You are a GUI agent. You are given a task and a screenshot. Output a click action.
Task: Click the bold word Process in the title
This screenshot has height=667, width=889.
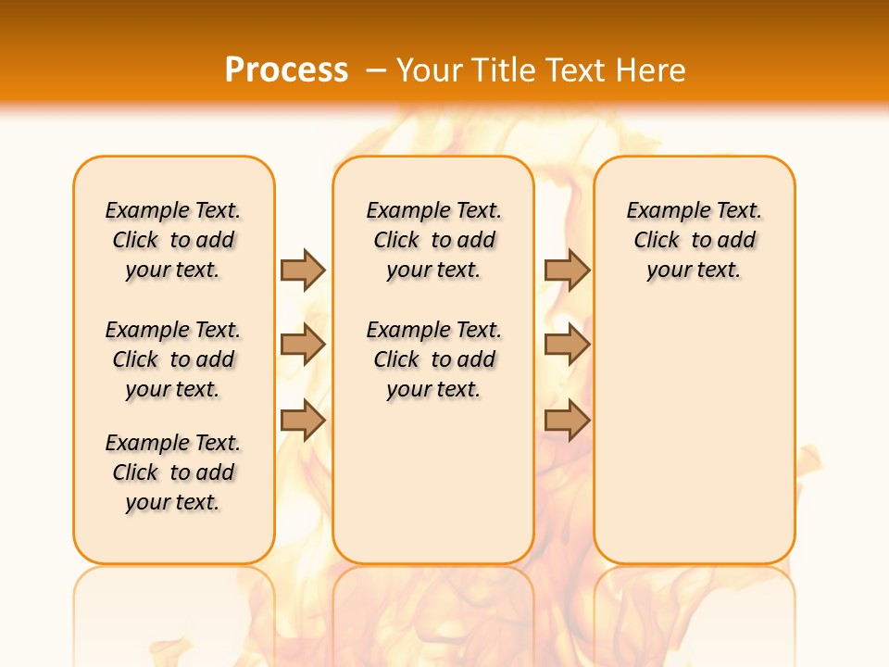tap(286, 70)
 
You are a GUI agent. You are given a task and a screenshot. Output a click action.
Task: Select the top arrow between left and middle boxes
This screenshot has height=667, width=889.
tap(303, 270)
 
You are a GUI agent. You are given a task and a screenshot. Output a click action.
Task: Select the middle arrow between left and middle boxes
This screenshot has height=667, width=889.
tap(303, 345)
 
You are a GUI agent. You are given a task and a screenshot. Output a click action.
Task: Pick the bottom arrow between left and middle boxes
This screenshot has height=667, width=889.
tap(303, 421)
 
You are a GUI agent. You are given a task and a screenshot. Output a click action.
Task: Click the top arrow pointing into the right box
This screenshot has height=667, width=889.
tap(567, 270)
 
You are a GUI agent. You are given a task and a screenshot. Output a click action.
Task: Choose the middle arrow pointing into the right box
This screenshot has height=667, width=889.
tap(567, 345)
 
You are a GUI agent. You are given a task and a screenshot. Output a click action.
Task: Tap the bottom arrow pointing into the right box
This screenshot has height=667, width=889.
tap(567, 421)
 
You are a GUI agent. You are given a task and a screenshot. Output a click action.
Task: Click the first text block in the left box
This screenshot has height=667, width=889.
tap(173, 240)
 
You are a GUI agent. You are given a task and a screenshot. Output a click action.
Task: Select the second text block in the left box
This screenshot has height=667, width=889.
tap(173, 359)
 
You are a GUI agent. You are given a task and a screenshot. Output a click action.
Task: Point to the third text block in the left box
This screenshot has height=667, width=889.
tap(173, 472)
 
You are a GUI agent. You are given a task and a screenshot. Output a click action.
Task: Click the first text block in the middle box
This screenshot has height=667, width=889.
tap(433, 240)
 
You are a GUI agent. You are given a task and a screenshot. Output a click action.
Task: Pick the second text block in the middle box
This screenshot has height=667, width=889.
tap(433, 359)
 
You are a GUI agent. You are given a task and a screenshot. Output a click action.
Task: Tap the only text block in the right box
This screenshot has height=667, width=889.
tap(694, 240)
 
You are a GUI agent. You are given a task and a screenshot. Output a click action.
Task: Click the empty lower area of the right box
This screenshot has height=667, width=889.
tap(694, 435)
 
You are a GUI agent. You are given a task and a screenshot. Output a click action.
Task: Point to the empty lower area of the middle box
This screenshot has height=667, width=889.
tap(433, 482)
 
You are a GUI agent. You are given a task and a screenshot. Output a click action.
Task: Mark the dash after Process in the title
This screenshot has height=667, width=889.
tap(376, 70)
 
